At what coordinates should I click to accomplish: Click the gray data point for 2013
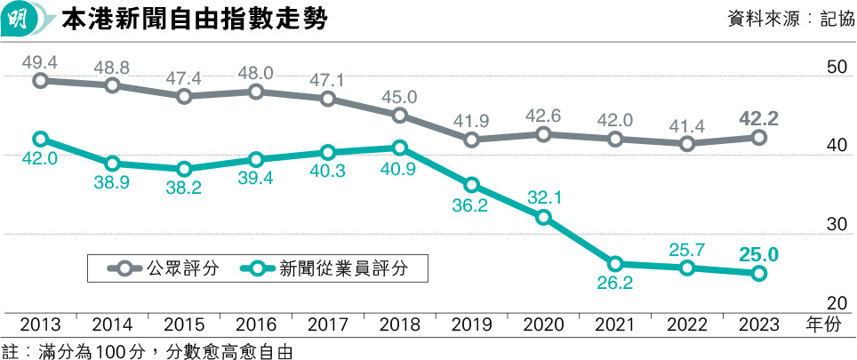[40, 81]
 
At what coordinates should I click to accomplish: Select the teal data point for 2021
[615, 264]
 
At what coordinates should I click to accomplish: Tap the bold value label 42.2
[759, 117]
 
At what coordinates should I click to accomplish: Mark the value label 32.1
[542, 197]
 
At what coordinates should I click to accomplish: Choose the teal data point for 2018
[399, 148]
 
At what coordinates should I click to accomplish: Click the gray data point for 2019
[471, 140]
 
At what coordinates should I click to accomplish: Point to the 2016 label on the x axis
[256, 325]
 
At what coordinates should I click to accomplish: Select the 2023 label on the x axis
[758, 325]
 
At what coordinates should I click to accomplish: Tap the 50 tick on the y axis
[836, 68]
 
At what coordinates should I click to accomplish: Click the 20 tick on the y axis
[836, 302]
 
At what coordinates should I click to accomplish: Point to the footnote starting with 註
[147, 350]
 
